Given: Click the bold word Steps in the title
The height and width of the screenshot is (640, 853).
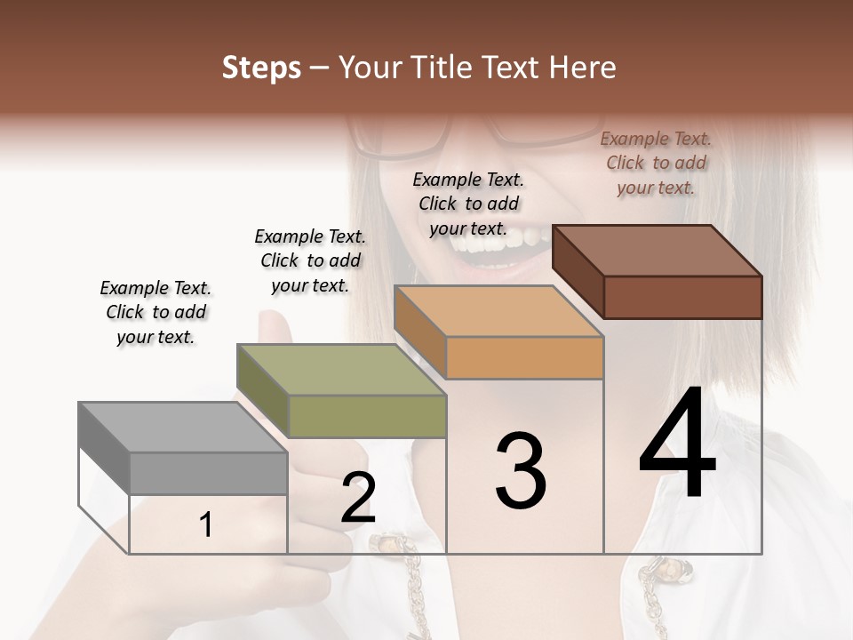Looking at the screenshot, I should point(261,68).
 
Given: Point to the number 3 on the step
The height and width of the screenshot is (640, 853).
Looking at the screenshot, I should point(521,471).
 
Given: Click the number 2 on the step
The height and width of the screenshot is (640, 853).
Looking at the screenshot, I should point(358,499).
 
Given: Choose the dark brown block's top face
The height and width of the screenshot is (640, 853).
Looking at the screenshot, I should point(658,251).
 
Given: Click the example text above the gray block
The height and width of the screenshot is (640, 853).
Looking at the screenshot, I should point(155,312).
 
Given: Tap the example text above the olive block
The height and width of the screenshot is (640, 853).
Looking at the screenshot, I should point(310,260).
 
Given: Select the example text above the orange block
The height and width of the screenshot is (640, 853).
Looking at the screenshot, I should point(468,204).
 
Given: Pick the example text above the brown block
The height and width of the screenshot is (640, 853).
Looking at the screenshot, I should point(656,163).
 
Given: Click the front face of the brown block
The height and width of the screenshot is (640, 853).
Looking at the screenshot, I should point(682,297).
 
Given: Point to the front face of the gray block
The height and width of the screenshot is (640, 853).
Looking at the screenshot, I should point(209,473).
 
